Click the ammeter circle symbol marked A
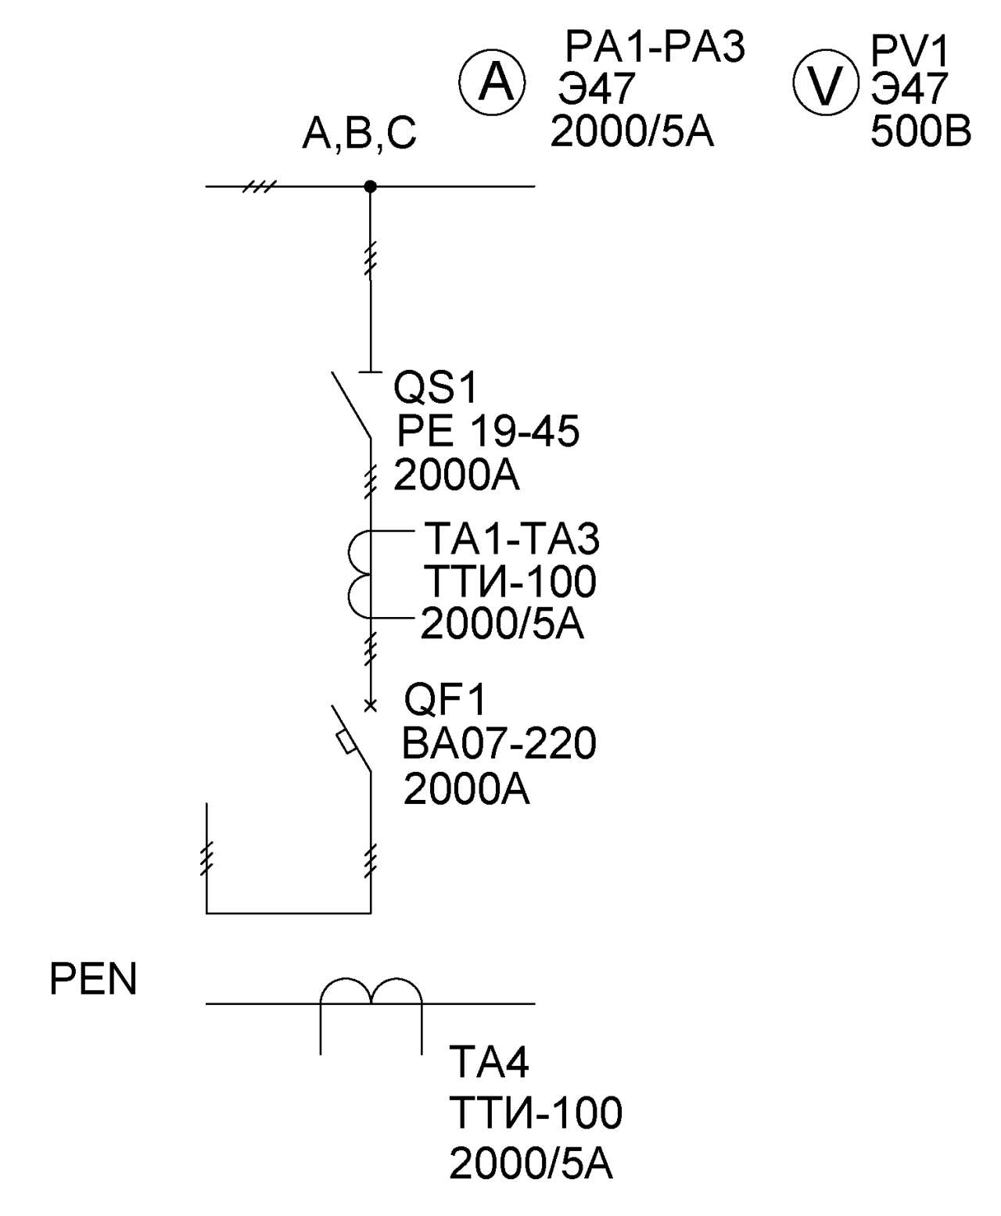[x=491, y=82]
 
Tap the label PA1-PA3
[x=655, y=47]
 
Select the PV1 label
[x=910, y=52]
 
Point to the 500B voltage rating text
[x=920, y=131]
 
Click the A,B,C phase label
[x=359, y=134]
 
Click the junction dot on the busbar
[x=371, y=187]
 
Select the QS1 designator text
[x=435, y=387]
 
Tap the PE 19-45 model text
[x=488, y=431]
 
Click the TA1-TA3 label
[x=511, y=539]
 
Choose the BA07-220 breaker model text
[x=499, y=743]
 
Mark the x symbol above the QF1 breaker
[x=371, y=706]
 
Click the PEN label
[x=93, y=979]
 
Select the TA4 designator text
[x=489, y=1062]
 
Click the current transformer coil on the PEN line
[x=371, y=993]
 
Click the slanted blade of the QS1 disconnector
[x=350, y=405]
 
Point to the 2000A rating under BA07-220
[x=466, y=789]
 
